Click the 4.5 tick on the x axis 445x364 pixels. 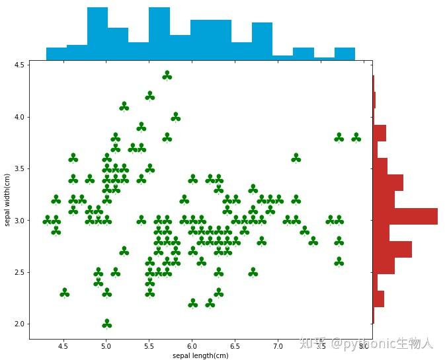[63, 346]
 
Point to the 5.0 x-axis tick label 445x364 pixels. [106, 346]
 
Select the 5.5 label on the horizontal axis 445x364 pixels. [149, 346]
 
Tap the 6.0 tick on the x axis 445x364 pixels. [192, 346]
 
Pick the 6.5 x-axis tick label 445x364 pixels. [235, 346]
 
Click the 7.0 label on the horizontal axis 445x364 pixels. [278, 346]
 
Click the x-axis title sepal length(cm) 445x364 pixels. [200, 356]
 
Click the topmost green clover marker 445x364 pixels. [167, 76]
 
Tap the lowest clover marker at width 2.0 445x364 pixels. [106, 324]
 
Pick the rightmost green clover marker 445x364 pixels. [356, 137]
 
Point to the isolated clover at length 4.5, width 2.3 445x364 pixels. [64, 293]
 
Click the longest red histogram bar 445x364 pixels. [405, 216]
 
